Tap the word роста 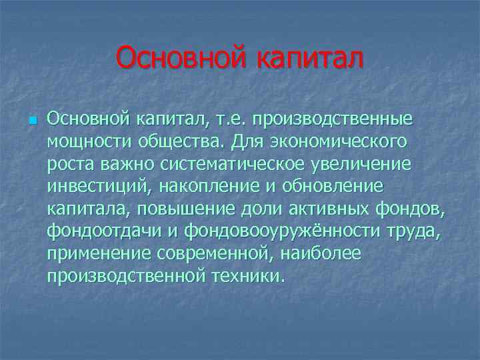69,164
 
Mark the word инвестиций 92,187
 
